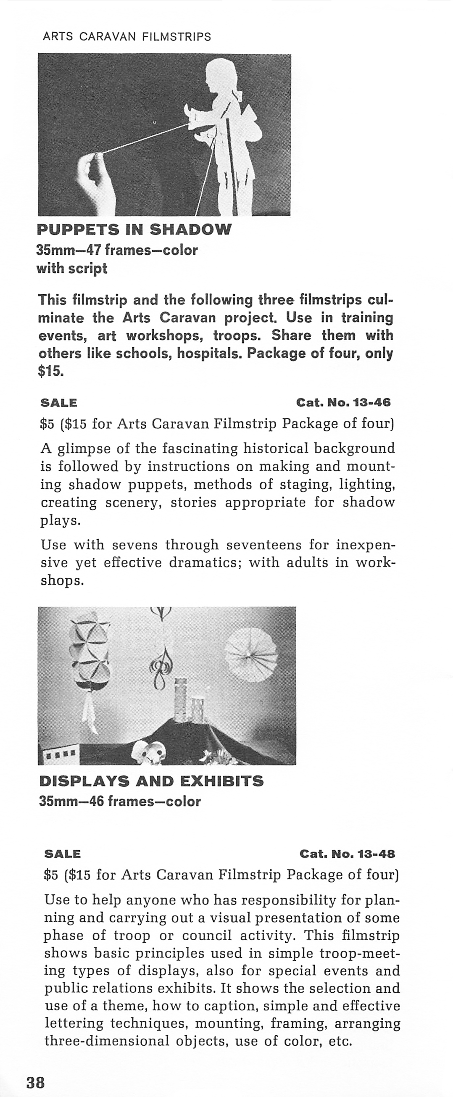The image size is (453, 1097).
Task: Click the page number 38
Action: [36, 1082]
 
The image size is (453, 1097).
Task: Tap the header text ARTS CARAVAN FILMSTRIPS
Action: [127, 37]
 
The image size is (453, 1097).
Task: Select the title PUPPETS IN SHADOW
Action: [134, 229]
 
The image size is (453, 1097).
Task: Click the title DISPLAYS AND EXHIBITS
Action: [151, 781]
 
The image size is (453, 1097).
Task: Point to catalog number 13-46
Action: [343, 402]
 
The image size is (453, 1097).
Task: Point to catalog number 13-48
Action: [348, 854]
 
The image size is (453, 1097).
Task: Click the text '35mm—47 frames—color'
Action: [117, 250]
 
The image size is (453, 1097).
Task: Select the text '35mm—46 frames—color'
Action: [120, 802]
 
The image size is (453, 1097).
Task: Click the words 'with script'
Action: [71, 269]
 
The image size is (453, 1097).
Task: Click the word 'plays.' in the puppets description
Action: [61, 521]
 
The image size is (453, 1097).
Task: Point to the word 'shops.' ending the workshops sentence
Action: [62, 581]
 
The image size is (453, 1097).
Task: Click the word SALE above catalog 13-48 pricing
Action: [62, 854]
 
